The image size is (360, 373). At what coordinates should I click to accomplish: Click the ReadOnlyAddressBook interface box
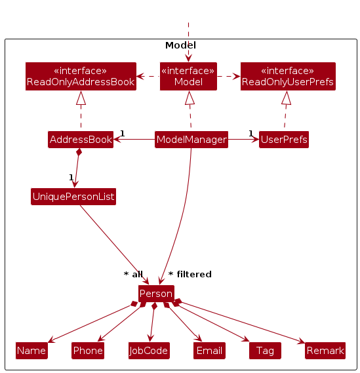click(x=81, y=76)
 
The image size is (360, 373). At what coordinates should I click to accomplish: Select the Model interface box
click(x=188, y=76)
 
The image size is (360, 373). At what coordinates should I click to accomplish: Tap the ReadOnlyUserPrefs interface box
click(x=288, y=76)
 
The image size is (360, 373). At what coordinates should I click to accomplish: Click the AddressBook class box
click(x=81, y=140)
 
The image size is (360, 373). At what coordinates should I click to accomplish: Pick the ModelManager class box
click(x=191, y=140)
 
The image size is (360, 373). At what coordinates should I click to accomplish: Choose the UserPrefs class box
click(x=284, y=140)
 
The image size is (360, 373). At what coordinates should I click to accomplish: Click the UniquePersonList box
click(x=73, y=197)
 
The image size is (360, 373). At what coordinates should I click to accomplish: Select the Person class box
click(x=156, y=294)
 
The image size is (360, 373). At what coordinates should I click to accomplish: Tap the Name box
click(x=31, y=351)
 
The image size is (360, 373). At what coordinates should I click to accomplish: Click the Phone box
click(x=88, y=351)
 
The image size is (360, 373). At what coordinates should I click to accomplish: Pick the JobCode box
click(x=149, y=351)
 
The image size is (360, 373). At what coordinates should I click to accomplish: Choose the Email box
click(x=209, y=351)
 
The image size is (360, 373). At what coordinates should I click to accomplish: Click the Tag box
click(x=265, y=351)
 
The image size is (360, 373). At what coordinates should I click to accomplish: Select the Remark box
click(x=325, y=351)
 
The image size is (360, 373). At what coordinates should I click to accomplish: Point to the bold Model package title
click(x=180, y=45)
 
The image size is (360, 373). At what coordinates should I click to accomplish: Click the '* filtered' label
click(x=190, y=274)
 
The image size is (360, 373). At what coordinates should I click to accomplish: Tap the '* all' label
click(x=133, y=274)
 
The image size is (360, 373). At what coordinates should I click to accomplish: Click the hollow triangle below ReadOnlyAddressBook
click(x=81, y=98)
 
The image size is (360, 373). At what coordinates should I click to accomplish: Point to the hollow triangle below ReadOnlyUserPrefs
click(x=287, y=98)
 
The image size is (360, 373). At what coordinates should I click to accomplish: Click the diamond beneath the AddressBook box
click(x=79, y=152)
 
